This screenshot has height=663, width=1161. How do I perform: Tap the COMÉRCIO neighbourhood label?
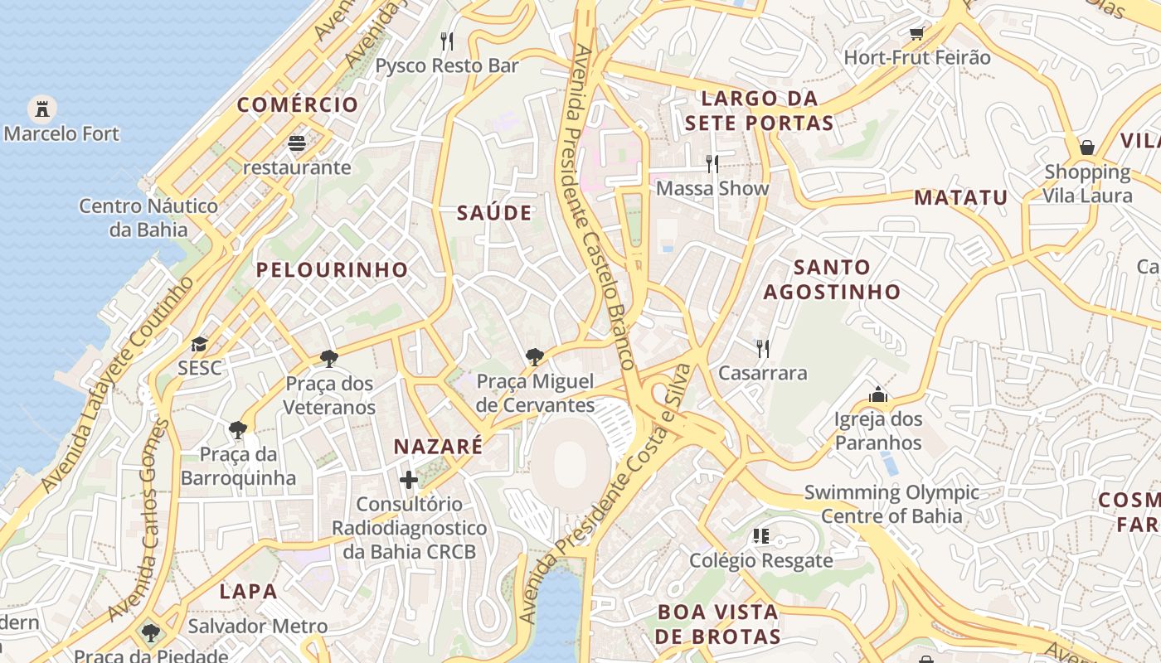pyautogui.click(x=298, y=105)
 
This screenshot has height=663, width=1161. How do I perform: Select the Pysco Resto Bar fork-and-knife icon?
pyautogui.click(x=447, y=41)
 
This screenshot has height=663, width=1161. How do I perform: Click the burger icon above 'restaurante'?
pyautogui.click(x=297, y=143)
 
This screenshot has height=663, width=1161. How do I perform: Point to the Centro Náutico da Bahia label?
pyautogui.click(x=148, y=217)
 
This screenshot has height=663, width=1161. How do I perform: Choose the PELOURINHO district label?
pyautogui.click(x=332, y=270)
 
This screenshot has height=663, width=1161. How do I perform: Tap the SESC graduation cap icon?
pyautogui.click(x=199, y=344)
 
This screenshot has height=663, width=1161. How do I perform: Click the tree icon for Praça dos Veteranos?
pyautogui.click(x=329, y=359)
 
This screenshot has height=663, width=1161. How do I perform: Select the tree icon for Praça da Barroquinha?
pyautogui.click(x=238, y=429)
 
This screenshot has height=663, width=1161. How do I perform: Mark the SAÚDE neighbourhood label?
pyautogui.click(x=494, y=214)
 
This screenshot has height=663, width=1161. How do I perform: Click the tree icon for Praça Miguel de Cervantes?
pyautogui.click(x=535, y=357)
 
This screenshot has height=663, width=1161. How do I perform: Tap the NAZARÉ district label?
pyautogui.click(x=438, y=448)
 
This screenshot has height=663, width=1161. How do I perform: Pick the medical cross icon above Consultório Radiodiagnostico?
pyautogui.click(x=409, y=479)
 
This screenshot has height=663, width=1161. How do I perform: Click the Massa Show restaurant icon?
pyautogui.click(x=712, y=163)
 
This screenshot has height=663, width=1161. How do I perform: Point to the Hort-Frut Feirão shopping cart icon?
pyautogui.click(x=916, y=33)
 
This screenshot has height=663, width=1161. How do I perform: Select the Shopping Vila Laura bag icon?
pyautogui.click(x=1087, y=148)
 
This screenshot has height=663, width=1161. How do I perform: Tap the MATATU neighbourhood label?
pyautogui.click(x=960, y=198)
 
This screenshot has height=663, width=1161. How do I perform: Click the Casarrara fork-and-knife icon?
pyautogui.click(x=762, y=348)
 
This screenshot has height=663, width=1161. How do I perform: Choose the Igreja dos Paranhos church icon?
pyautogui.click(x=878, y=394)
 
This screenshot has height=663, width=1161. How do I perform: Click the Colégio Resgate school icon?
pyautogui.click(x=760, y=536)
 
